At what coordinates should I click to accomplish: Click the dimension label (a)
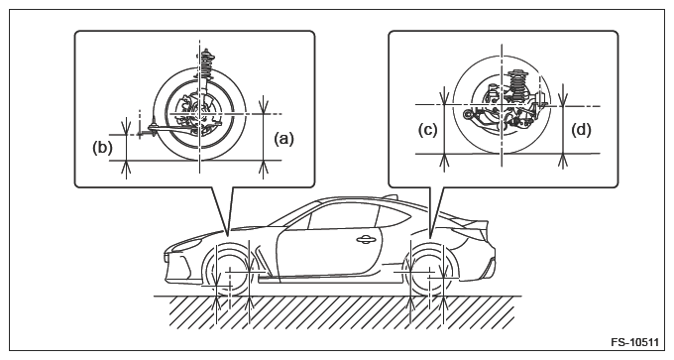(283, 139)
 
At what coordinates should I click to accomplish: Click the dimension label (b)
(102, 148)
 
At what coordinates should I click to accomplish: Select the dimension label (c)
(428, 130)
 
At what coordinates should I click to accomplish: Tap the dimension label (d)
(581, 130)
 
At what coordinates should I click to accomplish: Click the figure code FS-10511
(634, 342)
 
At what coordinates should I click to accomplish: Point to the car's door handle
(366, 240)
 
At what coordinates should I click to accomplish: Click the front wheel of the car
(230, 272)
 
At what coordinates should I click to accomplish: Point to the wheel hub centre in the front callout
(200, 113)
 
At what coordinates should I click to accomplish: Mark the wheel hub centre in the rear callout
(502, 104)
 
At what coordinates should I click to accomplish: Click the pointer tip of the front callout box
(228, 233)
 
